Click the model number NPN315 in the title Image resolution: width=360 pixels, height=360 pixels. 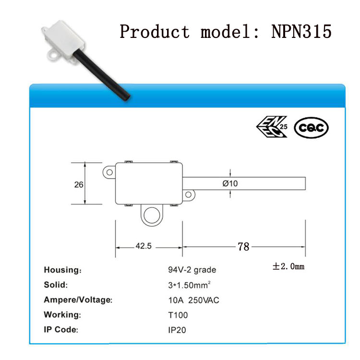(301, 32)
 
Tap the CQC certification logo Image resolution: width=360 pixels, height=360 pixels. (311, 128)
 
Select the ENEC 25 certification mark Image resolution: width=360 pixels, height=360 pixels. (272, 127)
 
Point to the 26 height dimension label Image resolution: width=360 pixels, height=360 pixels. (79, 185)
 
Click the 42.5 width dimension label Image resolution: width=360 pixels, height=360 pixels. (144, 246)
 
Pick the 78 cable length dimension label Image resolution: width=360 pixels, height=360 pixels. (243, 247)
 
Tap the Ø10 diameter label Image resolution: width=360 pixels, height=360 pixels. (230, 183)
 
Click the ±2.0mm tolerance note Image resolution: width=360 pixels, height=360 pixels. (288, 266)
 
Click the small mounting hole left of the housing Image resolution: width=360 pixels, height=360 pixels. (109, 172)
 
